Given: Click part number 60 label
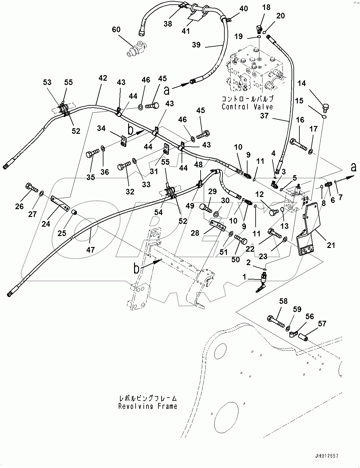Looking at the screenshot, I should pyautogui.click(x=116, y=29).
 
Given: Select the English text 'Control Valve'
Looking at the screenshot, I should pyautogui.click(x=247, y=107).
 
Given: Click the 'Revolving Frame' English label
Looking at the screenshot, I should pyautogui.click(x=147, y=406).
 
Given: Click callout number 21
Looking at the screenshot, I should pyautogui.click(x=331, y=245).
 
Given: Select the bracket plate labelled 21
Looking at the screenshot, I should pyautogui.click(x=307, y=228).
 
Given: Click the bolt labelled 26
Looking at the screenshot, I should pyautogui.click(x=31, y=188).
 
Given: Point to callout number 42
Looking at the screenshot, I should pyautogui.click(x=102, y=78).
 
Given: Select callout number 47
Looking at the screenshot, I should pyautogui.click(x=91, y=249).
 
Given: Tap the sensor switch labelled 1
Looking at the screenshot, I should pyautogui.click(x=261, y=282).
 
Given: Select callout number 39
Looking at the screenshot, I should pyautogui.click(x=196, y=45).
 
